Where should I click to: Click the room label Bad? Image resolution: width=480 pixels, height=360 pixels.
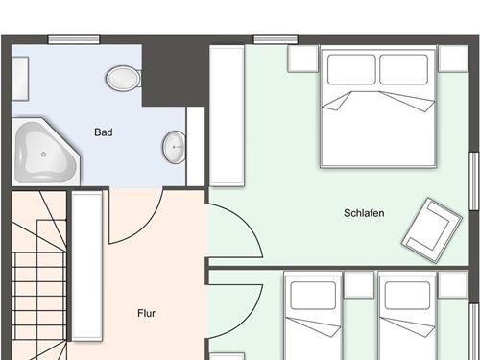pyautogui.click(x=104, y=132)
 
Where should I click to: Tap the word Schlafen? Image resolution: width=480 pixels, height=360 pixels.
pyautogui.click(x=364, y=213)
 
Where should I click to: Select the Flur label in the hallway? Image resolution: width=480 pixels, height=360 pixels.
pyautogui.click(x=146, y=313)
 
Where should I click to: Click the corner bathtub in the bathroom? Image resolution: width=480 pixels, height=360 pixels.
pyautogui.click(x=45, y=152)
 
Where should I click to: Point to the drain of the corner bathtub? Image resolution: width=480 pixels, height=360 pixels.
pyautogui.click(x=43, y=155)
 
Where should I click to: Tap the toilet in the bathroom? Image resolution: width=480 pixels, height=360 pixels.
pyautogui.click(x=124, y=79)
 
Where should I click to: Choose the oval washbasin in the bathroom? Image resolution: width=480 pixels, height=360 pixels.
pyautogui.click(x=174, y=147)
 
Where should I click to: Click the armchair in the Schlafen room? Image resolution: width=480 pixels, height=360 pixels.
pyautogui.click(x=431, y=230)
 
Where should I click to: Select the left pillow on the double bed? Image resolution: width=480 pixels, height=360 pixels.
pyautogui.click(x=351, y=69)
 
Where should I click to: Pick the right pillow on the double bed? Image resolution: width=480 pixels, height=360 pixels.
pyautogui.click(x=404, y=69)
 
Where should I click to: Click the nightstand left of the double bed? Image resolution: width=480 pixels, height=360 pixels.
pyautogui.click(x=303, y=59)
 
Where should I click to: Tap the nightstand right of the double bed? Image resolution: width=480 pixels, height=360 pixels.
pyautogui.click(x=453, y=59)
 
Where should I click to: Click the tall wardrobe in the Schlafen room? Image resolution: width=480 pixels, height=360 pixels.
pyautogui.click(x=227, y=115)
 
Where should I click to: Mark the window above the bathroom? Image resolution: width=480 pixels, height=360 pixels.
pyautogui.click(x=74, y=39)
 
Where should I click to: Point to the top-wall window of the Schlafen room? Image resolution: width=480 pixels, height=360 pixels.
pyautogui.click(x=276, y=39)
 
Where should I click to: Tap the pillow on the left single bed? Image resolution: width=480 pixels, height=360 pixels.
pyautogui.click(x=313, y=296)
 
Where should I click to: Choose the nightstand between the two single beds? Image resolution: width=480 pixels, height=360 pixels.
pyautogui.click(x=359, y=284)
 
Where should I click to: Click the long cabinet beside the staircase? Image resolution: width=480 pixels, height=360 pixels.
pyautogui.click(x=87, y=266)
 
